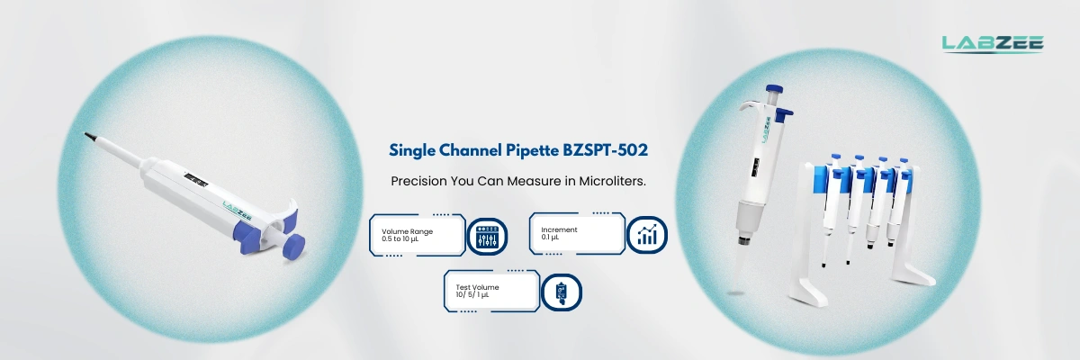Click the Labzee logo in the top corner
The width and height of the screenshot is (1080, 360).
[x=992, y=42]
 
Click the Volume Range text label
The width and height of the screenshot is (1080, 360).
[x=407, y=231]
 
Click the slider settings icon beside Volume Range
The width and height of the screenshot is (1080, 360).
[x=486, y=236]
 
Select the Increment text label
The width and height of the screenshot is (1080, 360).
[x=559, y=229]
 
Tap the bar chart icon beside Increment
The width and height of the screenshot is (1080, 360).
[x=646, y=236]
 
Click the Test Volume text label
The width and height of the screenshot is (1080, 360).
[x=477, y=287]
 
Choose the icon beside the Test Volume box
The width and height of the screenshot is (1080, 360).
[x=562, y=292]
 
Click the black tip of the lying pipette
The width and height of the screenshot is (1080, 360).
[x=91, y=136]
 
